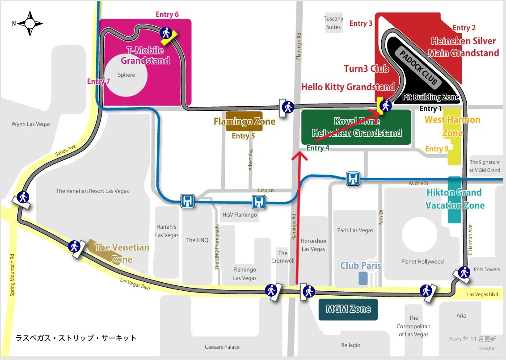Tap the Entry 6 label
pyautogui.click(x=167, y=14)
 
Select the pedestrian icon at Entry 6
pyautogui.click(x=166, y=33)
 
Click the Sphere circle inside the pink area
pyautogui.click(x=126, y=80)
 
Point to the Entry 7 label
pyautogui.click(x=98, y=81)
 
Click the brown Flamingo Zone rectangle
pyautogui.click(x=244, y=121)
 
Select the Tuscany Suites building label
pyautogui.click(x=333, y=23)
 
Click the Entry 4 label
pyautogui.click(x=318, y=148)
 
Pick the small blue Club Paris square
pyautogui.click(x=363, y=278)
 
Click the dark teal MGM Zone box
pyautogui.click(x=348, y=309)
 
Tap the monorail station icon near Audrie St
pyautogui.click(x=353, y=179)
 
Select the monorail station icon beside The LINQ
pyautogui.click(x=187, y=201)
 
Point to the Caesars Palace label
pyautogui.click(x=222, y=347)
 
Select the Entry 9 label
pyautogui.click(x=437, y=149)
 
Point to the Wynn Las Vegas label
pyautogui.click(x=31, y=124)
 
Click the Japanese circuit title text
pyautogui.click(x=76, y=338)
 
